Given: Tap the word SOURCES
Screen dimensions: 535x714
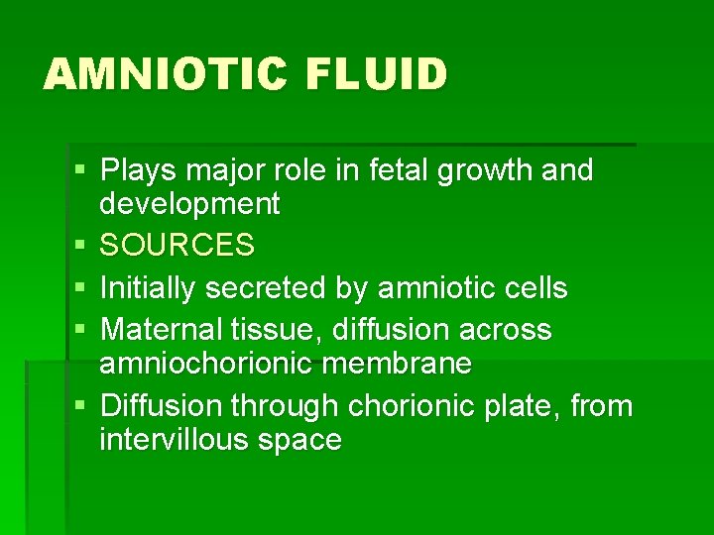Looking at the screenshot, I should coord(178,245).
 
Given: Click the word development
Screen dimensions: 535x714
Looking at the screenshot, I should coord(189,205).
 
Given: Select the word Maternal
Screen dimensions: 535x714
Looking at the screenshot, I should coord(164,329).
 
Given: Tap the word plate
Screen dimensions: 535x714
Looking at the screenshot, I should coord(525,405).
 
